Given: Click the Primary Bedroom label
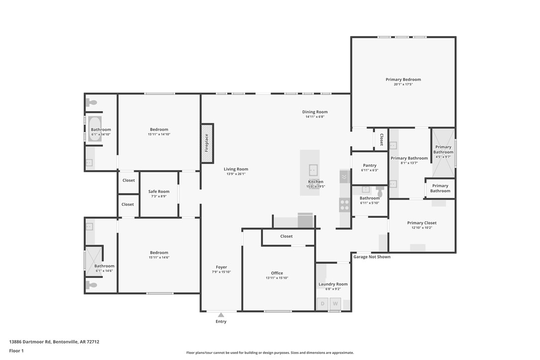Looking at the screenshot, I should tap(403, 80).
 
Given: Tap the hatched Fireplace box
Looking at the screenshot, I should tap(207, 143).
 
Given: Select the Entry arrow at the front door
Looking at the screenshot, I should tap(221, 315).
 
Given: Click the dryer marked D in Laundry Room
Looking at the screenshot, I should tap(322, 304).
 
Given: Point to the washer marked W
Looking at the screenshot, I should tap(336, 304).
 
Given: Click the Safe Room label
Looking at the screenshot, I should tap(159, 191).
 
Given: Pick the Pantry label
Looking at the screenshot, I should tap(369, 166).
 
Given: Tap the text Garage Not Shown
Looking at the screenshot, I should tap(372, 257).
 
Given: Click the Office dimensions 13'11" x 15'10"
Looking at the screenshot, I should tap(277, 278).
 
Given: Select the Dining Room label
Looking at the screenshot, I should tap(315, 112).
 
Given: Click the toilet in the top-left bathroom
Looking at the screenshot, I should tap(91, 103).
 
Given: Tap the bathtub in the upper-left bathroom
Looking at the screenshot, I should tap(94, 129).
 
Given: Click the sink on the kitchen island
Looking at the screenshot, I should tap(313, 171).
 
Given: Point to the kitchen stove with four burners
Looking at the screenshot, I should tap(345, 204).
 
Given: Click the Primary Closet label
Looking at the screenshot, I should tap(422, 223).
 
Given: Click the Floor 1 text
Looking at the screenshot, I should tap(16, 351).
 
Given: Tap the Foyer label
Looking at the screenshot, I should tap(221, 267).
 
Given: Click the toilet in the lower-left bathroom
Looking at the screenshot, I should tap(91, 285).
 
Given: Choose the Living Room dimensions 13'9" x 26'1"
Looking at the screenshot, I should tap(236, 174).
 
